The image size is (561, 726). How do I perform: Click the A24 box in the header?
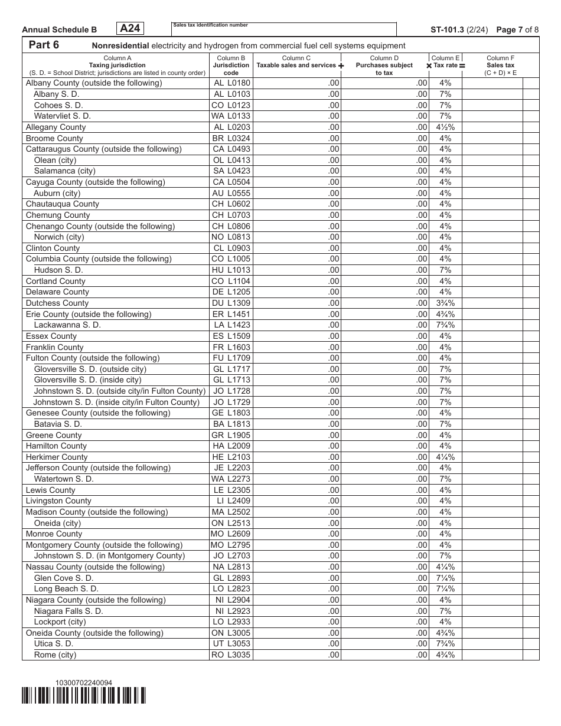point(132,28)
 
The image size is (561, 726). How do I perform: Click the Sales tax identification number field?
point(283,30)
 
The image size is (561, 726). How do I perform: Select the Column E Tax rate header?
point(445,62)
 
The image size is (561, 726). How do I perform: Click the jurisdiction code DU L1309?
point(231,303)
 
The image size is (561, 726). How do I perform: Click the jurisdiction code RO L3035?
point(231,655)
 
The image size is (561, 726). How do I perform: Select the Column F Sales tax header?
point(500,66)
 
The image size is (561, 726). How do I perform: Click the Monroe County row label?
point(54,534)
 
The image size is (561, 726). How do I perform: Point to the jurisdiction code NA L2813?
point(231,567)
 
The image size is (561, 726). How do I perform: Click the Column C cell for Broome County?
point(297,138)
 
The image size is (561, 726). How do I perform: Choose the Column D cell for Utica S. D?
point(385,643)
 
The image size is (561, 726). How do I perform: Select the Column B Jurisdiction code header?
point(231,66)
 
